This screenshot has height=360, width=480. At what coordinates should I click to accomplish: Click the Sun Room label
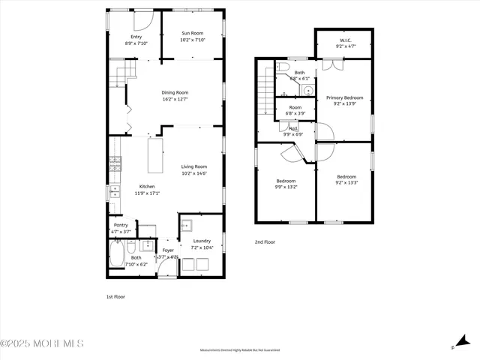pyautogui.click(x=192, y=33)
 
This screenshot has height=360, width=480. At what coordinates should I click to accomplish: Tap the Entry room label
pyautogui.click(x=136, y=36)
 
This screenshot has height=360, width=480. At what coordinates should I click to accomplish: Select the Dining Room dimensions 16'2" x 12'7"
pyautogui.click(x=174, y=99)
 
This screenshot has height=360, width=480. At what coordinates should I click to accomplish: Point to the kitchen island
pyautogui.click(x=155, y=155)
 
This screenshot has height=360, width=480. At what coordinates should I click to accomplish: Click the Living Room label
pyautogui.click(x=193, y=166)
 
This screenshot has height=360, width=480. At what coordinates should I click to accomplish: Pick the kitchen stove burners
pyautogui.click(x=115, y=163)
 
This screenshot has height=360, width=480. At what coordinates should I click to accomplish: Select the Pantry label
pyautogui.click(x=120, y=225)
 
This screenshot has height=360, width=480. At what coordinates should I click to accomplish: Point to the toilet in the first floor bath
pyautogui.click(x=130, y=247)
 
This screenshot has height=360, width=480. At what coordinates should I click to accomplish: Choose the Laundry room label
pyautogui.click(x=202, y=241)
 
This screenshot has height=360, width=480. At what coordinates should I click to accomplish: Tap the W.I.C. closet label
pyautogui.click(x=346, y=40)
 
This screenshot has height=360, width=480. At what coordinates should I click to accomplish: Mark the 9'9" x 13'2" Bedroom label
pyautogui.click(x=286, y=181)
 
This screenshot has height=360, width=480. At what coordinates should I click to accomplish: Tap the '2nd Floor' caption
pyautogui.click(x=265, y=243)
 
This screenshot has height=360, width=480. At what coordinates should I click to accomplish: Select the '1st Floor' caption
pyautogui.click(x=115, y=296)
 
